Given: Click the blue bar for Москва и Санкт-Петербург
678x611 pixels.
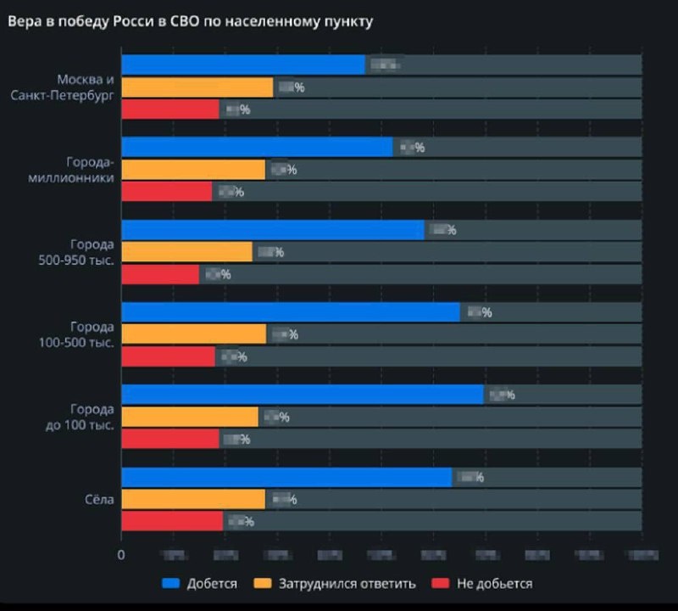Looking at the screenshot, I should [x=243, y=65].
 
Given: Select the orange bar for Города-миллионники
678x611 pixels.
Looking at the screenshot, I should [x=193, y=170].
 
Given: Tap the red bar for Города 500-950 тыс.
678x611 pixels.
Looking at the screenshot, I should [x=160, y=274].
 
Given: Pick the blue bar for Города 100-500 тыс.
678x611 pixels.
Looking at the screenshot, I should [x=291, y=312].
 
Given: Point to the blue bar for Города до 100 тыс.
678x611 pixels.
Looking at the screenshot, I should [x=303, y=395].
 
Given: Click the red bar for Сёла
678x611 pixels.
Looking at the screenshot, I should [x=172, y=521].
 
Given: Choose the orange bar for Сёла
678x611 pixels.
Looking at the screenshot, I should [x=193, y=499].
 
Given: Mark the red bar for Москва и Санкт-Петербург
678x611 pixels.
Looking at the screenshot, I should [x=170, y=109].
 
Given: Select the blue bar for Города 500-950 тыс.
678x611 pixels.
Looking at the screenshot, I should [x=273, y=230].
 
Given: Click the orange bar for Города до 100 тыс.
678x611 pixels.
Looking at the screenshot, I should [x=190, y=417].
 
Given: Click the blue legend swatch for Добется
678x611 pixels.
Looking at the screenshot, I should [x=171, y=584].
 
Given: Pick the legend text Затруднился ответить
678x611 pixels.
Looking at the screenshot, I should [x=347, y=584].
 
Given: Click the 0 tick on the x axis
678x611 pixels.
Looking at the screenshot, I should [x=121, y=555].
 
